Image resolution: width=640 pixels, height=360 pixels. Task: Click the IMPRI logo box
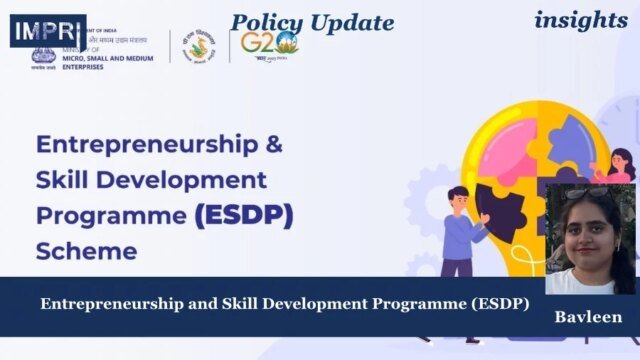(48, 31)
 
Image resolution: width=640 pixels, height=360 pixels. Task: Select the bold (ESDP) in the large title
(242, 215)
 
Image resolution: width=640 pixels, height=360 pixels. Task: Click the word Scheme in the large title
(86, 251)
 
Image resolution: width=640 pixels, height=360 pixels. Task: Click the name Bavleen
(588, 318)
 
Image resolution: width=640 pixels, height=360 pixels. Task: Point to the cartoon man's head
(459, 196)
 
